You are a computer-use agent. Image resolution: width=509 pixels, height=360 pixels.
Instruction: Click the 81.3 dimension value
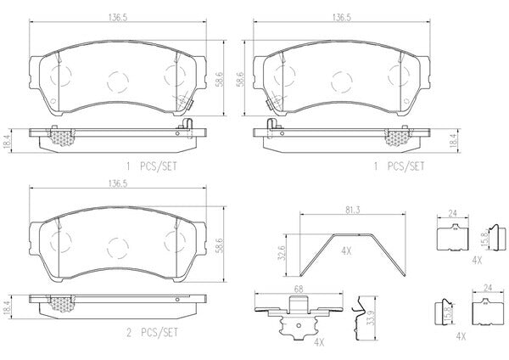(352, 211)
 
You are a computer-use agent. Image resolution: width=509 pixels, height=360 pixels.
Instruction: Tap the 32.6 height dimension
(282, 253)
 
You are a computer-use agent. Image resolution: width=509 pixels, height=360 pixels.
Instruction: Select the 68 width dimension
(299, 290)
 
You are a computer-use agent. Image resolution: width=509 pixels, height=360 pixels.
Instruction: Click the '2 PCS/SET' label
(152, 332)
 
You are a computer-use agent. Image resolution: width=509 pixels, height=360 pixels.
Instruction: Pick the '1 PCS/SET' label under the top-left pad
(152, 166)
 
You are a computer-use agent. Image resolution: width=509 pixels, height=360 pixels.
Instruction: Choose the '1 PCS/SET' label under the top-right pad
(399, 166)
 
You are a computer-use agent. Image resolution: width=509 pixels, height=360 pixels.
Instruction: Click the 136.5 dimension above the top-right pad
(342, 18)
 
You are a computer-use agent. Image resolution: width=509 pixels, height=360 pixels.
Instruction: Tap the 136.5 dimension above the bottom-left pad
(118, 183)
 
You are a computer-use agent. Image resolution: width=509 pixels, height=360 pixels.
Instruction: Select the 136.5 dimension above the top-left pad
(118, 18)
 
